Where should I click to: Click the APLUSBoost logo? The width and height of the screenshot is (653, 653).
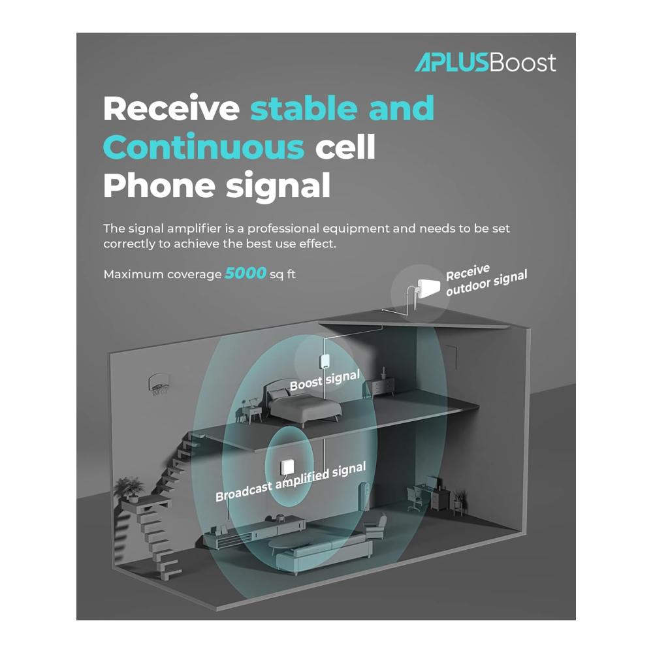(485, 63)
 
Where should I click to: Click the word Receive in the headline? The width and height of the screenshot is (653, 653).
(171, 108)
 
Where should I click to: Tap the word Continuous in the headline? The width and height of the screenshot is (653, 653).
(204, 146)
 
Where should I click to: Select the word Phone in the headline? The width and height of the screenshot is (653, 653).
(159, 185)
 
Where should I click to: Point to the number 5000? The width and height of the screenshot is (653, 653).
(246, 273)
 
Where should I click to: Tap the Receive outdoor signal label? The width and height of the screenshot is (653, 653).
(486, 280)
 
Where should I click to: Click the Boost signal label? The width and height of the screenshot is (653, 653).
(325, 380)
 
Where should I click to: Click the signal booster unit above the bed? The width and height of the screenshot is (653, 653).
(325, 361)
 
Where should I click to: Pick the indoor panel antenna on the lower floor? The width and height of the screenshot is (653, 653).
(287, 467)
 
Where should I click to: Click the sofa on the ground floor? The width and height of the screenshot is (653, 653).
(324, 552)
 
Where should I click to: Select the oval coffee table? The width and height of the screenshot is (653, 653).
(291, 543)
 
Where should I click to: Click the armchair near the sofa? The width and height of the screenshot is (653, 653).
(375, 525)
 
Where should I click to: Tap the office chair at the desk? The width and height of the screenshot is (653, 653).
(415, 498)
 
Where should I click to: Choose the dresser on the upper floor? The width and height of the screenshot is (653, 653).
(382, 387)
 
